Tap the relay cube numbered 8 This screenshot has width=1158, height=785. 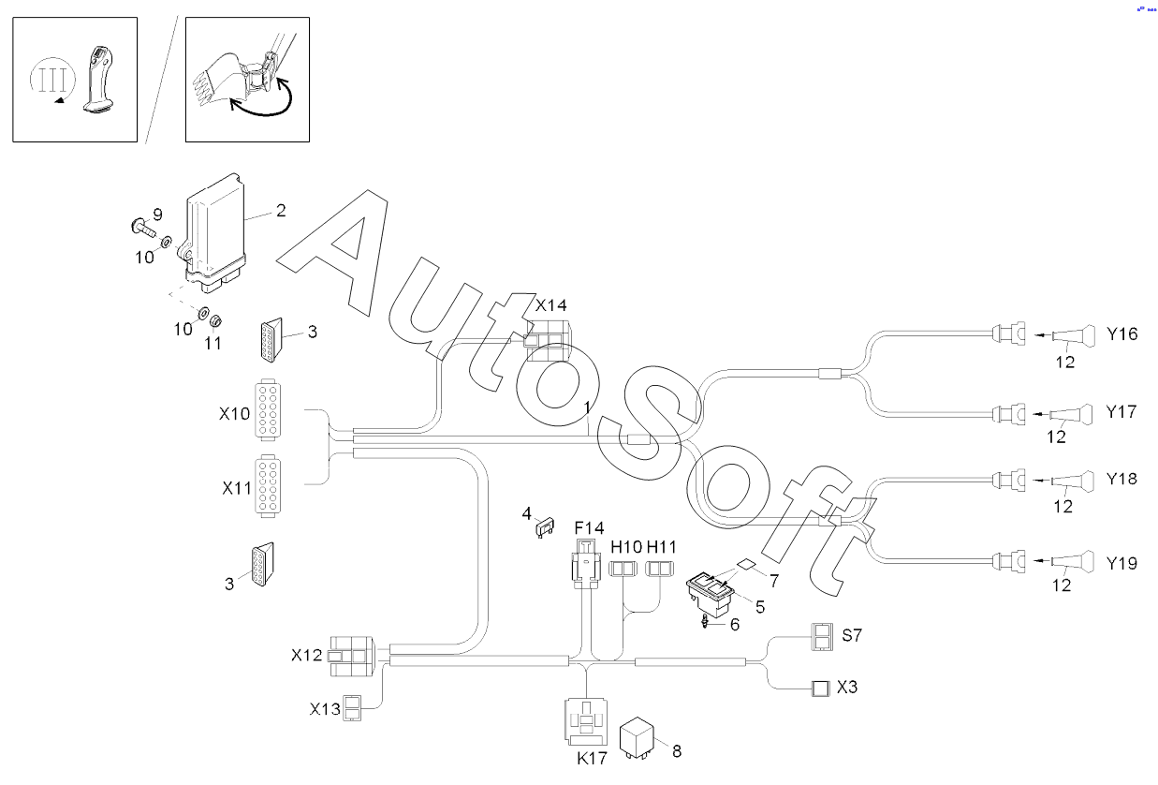point(637,737)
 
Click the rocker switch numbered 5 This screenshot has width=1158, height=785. point(710,594)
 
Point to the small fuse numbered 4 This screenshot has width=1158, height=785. point(545,527)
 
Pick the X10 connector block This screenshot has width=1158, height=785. point(268,410)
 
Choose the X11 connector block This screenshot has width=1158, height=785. point(268,486)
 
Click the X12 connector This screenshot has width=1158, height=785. point(352,656)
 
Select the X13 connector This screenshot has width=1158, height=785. point(353,708)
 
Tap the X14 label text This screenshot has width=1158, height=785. point(550,305)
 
